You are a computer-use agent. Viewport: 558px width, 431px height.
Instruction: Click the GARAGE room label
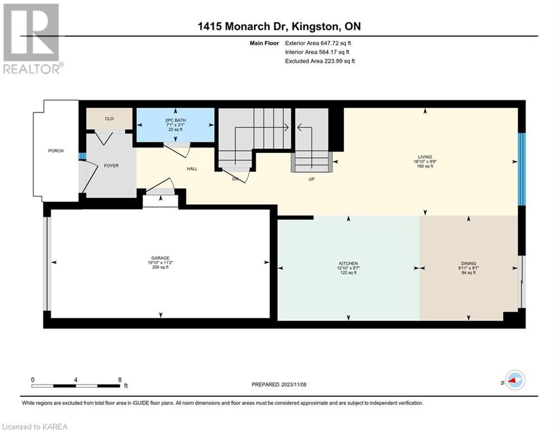(160, 258)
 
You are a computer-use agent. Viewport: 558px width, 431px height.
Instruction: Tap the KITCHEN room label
(348, 264)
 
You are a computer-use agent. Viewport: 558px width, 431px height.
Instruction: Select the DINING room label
(468, 264)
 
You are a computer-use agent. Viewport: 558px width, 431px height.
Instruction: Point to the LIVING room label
(425, 157)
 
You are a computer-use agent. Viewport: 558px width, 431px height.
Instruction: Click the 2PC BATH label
(176, 121)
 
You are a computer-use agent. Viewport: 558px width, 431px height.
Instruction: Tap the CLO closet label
(109, 118)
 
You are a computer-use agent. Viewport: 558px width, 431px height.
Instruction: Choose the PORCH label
(56, 150)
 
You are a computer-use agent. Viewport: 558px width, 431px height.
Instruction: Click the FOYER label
(111, 166)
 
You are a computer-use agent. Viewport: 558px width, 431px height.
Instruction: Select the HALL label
(192, 169)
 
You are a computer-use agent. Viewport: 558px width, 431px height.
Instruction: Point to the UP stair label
(311, 179)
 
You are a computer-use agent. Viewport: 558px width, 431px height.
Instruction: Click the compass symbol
(515, 380)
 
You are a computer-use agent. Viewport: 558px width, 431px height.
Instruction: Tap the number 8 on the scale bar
(120, 380)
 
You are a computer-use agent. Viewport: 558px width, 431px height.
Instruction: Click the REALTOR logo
(31, 39)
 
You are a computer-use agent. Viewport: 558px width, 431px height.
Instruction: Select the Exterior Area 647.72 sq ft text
(318, 43)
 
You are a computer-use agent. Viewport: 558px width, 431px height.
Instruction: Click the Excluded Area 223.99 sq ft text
(320, 61)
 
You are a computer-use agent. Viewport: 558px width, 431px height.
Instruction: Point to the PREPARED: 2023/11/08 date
(279, 384)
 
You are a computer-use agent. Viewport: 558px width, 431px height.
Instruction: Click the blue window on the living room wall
(522, 169)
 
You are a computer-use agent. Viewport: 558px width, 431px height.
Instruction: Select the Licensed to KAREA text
(35, 427)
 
